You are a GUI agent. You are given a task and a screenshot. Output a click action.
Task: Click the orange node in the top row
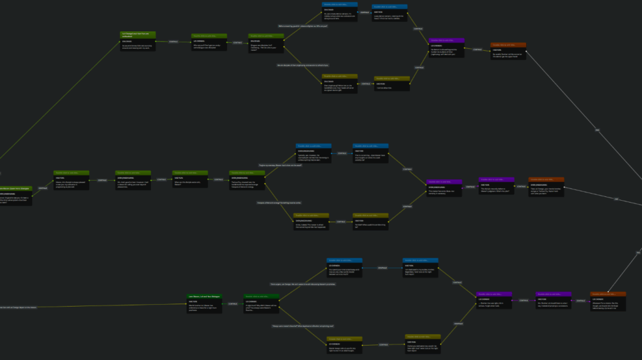click(x=508, y=50)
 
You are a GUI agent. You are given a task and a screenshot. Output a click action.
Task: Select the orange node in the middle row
click(x=546, y=186)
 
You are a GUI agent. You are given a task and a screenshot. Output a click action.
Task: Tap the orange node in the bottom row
click(x=608, y=302)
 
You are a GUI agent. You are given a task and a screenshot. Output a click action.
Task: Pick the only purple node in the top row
click(x=446, y=48)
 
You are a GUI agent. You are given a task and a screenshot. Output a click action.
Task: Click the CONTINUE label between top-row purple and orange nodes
click(x=477, y=49)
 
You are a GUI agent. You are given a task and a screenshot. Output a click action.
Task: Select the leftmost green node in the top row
click(x=138, y=41)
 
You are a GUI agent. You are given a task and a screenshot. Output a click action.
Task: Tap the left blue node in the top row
click(x=340, y=13)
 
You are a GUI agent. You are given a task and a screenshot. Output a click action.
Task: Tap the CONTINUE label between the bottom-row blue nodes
click(x=382, y=268)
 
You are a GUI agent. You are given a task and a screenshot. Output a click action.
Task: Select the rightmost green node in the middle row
click(x=246, y=180)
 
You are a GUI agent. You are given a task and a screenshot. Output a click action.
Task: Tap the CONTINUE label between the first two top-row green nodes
click(x=174, y=42)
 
